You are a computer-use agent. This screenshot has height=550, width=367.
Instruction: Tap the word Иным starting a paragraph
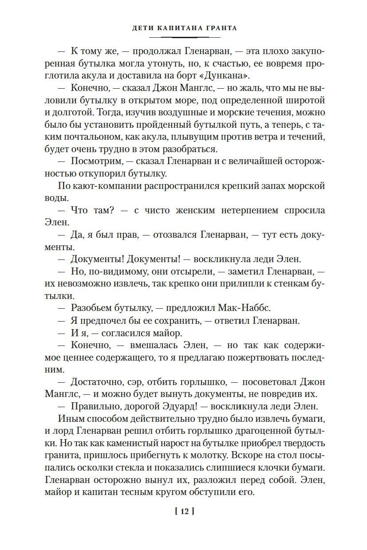pyautogui.click(x=70, y=418)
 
